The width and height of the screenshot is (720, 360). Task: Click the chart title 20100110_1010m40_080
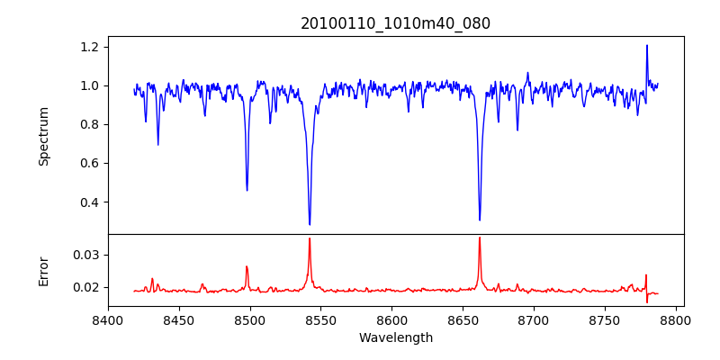tap(395, 23)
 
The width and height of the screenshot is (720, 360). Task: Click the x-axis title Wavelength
tap(395, 337)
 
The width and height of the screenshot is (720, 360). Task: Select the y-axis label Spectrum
tap(44, 136)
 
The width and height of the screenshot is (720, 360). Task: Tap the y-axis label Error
tap(44, 271)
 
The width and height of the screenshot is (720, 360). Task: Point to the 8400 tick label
tap(108, 319)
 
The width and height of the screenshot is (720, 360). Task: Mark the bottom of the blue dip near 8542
tap(310, 224)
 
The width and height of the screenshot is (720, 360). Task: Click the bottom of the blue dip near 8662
tap(480, 220)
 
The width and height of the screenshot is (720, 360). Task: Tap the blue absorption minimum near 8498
tap(247, 190)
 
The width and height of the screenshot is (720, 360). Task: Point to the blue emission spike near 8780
tap(646, 46)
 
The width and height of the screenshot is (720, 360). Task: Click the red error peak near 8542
tap(310, 238)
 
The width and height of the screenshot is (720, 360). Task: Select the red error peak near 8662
tap(480, 238)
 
